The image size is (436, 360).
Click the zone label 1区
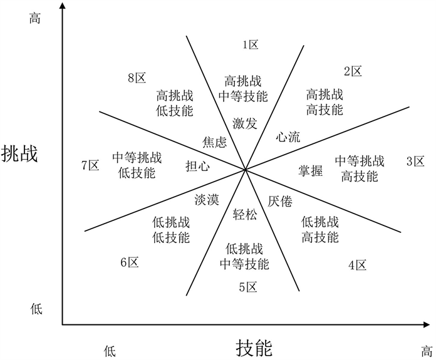pyautogui.click(x=251, y=44)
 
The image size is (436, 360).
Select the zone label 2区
pyautogui.click(x=353, y=71)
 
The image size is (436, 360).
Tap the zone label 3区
pyautogui.click(x=415, y=162)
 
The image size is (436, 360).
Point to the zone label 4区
pyautogui.click(x=357, y=265)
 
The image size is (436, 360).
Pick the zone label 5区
pyautogui.click(x=248, y=287)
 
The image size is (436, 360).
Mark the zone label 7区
pyautogui.click(x=91, y=165)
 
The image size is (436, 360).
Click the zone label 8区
pyautogui.click(x=137, y=78)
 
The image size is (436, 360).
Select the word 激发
pyautogui.click(x=244, y=123)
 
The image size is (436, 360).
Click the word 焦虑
pyautogui.click(x=214, y=142)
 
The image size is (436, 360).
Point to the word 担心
pyautogui.click(x=197, y=166)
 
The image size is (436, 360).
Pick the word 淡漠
pyautogui.click(x=207, y=200)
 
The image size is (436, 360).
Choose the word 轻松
pyautogui.click(x=244, y=214)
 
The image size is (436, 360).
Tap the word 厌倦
pyautogui.click(x=280, y=201)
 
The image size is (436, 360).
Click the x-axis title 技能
pyautogui.click(x=254, y=346)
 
